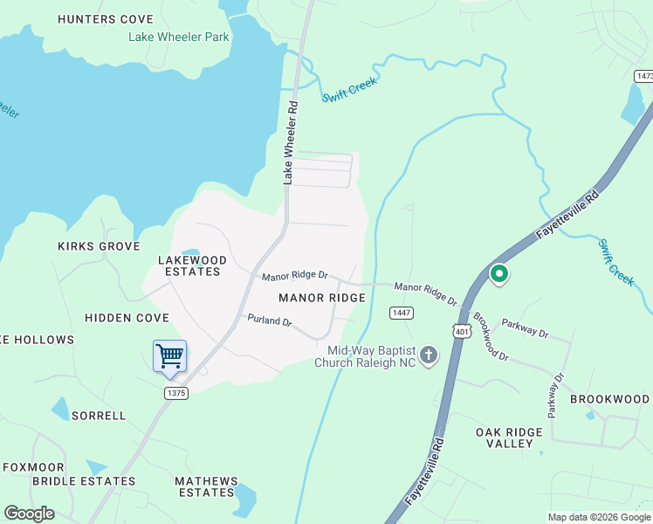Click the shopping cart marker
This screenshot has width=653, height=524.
[x=169, y=355]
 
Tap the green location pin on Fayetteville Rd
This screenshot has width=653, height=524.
[x=499, y=274]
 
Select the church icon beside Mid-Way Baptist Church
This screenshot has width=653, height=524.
[x=428, y=355]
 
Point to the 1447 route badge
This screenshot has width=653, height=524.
[x=402, y=313]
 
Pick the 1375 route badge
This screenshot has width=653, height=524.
[x=175, y=393]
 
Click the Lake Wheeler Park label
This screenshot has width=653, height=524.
[x=179, y=37]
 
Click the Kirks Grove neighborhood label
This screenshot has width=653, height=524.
[x=99, y=246]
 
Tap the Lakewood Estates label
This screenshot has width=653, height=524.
[x=192, y=265]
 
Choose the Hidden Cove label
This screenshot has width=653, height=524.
[x=127, y=318]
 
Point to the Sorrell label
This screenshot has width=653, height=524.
[x=99, y=416]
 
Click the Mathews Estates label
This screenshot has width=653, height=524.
[x=206, y=486]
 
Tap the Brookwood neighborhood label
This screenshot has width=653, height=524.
[x=610, y=399]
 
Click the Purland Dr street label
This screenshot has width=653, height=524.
[x=269, y=321]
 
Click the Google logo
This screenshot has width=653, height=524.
[x=29, y=514]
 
